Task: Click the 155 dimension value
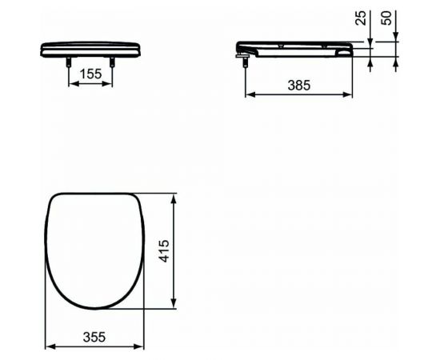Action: coord(90,74)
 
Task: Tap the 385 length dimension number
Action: coord(299,86)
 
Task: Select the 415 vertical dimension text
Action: coord(164,251)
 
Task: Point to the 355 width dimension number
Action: coord(94,337)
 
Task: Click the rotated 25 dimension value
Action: coord(361,18)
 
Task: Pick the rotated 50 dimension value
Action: coord(386,18)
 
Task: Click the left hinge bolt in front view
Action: coord(68,62)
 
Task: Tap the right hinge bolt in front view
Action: coord(112,62)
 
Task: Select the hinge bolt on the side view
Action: coord(245,60)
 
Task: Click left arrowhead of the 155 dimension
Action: coord(72,84)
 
